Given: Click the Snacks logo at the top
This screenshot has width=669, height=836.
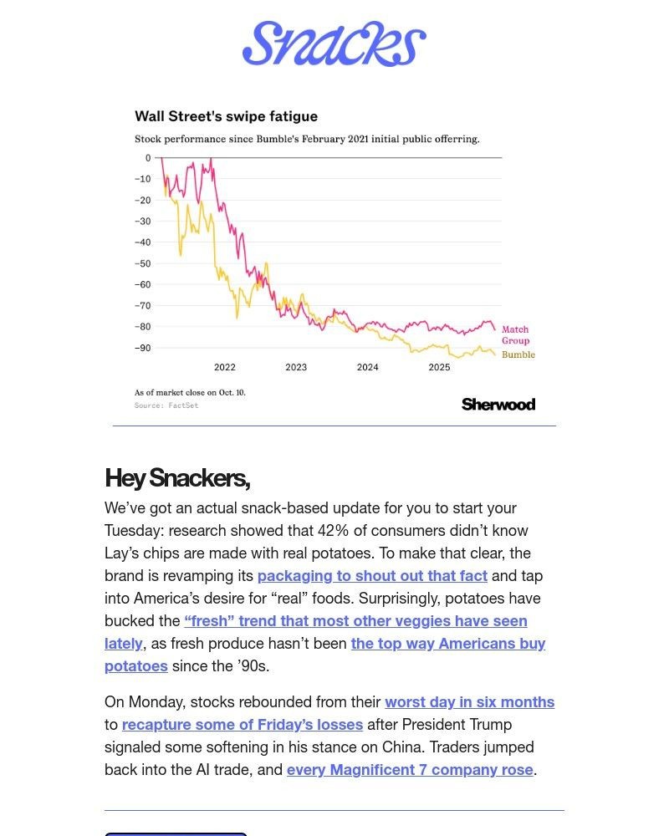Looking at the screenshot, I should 334,43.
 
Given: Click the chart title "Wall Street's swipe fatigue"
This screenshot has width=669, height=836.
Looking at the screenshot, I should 226,116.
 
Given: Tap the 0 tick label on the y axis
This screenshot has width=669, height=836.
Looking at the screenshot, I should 148,158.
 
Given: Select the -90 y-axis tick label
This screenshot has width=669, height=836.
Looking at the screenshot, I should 142,348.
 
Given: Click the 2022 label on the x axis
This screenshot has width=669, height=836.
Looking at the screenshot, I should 224,367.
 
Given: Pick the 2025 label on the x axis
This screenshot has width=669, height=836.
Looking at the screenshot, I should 439,367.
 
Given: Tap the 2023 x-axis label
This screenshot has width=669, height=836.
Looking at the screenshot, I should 296,367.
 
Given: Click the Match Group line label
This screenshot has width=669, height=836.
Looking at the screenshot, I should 515,335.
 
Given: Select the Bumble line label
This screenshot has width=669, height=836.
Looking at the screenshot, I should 518,354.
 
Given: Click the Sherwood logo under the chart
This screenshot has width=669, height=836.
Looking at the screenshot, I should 498,405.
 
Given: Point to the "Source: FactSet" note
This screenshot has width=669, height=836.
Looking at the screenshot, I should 166,405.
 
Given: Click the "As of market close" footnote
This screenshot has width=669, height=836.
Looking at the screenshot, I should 190,392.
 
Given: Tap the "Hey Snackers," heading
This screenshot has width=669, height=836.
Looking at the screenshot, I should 177,478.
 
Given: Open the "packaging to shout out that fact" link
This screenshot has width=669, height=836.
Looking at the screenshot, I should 372,575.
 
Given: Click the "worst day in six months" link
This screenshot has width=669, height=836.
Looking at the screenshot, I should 469,701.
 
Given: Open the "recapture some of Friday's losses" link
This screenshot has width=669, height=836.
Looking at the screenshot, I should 243,724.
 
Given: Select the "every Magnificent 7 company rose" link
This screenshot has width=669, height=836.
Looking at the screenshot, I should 410,769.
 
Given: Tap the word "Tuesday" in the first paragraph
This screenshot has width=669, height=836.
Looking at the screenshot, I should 135,530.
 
